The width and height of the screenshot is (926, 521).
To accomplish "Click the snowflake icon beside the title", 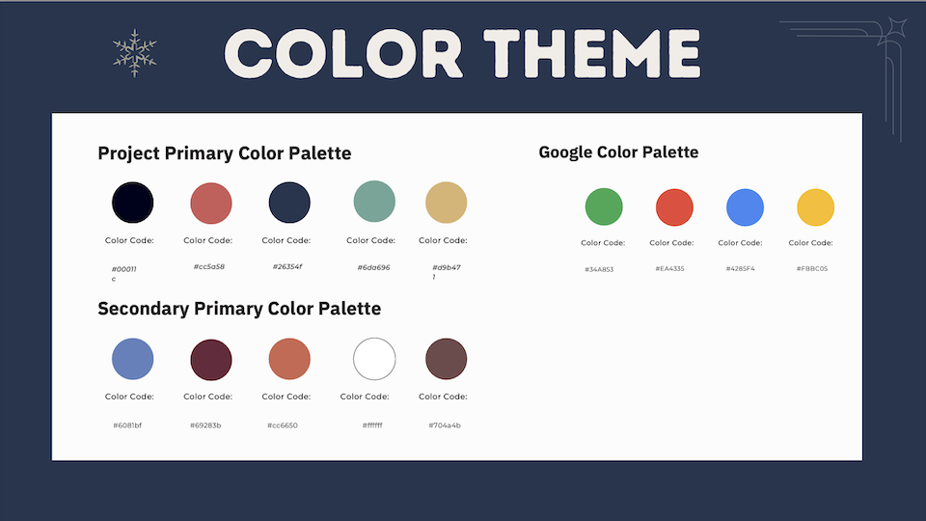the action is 135,53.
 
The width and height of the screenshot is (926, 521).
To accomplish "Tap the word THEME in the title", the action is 591,54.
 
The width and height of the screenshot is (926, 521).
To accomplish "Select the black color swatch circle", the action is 133,203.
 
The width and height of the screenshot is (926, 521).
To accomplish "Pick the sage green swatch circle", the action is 374,202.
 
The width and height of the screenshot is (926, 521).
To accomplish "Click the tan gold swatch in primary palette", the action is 447,203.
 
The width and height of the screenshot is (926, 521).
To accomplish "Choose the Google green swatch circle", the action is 604,206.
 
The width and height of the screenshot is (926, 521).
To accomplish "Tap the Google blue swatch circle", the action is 745,207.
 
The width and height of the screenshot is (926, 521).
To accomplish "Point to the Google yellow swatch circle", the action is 816,207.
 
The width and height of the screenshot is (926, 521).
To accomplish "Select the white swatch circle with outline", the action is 374,359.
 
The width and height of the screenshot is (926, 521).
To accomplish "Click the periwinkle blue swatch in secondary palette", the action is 133,359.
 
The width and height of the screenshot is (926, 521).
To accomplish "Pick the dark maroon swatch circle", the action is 211,360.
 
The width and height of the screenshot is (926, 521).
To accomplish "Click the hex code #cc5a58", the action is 209,266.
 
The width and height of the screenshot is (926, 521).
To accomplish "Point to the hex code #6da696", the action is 374,267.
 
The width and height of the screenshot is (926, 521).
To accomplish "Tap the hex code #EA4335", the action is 669,269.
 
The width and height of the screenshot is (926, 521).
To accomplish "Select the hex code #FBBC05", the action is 812,269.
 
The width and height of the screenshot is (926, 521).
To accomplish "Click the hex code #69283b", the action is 205,425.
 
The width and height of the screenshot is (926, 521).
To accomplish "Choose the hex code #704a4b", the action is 445,425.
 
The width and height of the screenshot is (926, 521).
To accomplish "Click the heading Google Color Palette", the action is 618,152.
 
